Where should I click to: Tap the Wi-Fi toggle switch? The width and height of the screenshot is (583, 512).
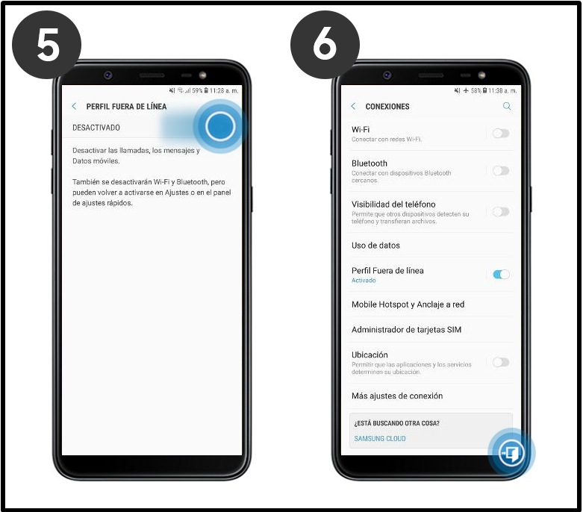point(501,133)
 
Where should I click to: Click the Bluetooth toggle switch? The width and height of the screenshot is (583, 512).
point(501,171)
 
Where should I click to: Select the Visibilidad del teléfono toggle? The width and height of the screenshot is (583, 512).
point(501,211)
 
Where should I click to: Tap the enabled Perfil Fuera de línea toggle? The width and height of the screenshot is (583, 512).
point(501,275)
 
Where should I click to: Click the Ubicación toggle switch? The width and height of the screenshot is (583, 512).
point(501,362)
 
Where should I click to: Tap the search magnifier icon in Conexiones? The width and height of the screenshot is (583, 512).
point(507,106)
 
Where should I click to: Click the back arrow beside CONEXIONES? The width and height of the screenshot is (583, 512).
point(353,106)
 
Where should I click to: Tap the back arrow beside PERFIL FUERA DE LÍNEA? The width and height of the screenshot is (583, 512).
point(74,106)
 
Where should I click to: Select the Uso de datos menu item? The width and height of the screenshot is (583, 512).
point(375,246)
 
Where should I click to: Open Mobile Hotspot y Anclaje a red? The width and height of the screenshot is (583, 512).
point(408,305)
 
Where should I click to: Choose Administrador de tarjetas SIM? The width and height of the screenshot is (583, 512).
point(406,330)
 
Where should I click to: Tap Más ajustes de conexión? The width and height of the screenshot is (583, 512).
point(397,396)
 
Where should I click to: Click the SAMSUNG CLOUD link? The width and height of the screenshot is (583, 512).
point(380,439)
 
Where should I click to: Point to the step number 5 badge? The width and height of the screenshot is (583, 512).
point(47,45)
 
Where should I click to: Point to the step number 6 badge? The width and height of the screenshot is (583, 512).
point(325,45)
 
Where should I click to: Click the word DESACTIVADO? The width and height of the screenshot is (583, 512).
point(96,128)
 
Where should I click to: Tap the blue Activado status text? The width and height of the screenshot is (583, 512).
point(364,281)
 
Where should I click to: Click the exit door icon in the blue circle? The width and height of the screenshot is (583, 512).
point(511,453)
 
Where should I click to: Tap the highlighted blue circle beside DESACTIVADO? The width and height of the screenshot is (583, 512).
point(220,126)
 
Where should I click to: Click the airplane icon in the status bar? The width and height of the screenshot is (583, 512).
point(466,90)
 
